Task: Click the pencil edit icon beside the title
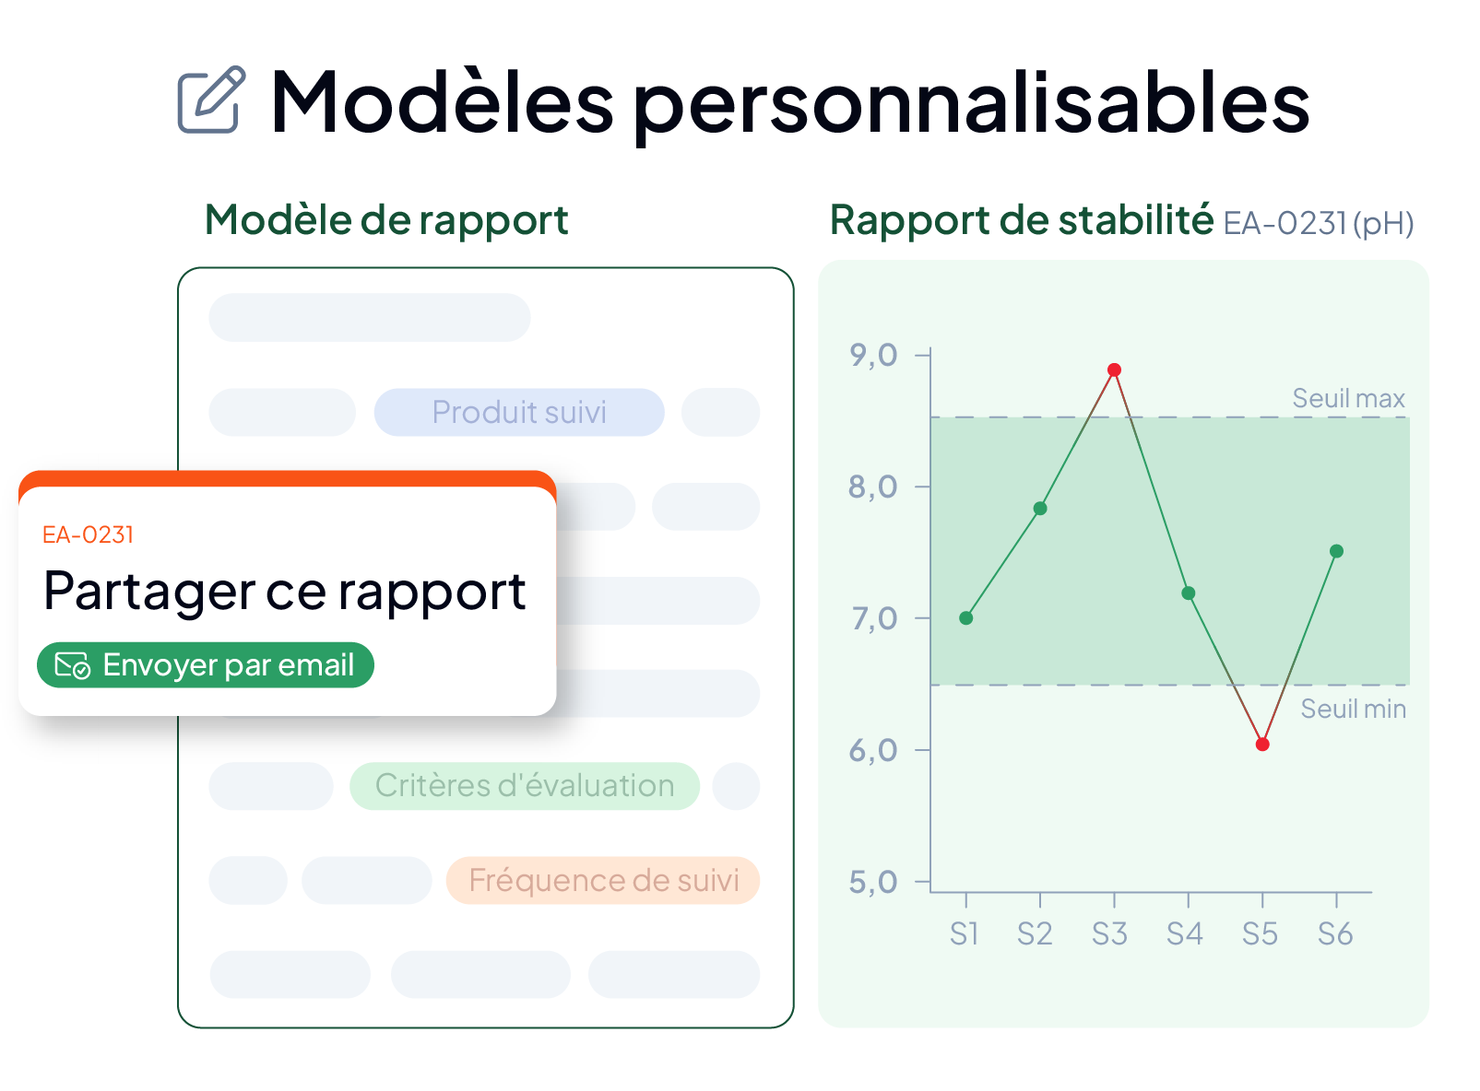pos(211,100)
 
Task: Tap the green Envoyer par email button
pos(206,665)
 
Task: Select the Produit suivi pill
pos(519,413)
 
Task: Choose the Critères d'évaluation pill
pos(525,787)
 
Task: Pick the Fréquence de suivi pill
pos(603,881)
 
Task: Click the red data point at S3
pos(1115,370)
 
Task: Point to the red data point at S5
pos(1262,745)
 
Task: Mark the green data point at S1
pos(966,619)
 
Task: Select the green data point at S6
pos(1337,551)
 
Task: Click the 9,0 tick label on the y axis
pos(873,356)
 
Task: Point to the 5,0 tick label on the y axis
pos(873,883)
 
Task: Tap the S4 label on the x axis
pos(1185,934)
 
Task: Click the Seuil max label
pos(1348,399)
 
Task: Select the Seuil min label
pos(1353,710)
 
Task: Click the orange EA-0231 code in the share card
pos(88,535)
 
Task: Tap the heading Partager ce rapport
pos(285,592)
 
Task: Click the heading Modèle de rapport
pos(386,220)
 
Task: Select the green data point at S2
pos(1040,509)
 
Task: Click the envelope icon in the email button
pos(72,665)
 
